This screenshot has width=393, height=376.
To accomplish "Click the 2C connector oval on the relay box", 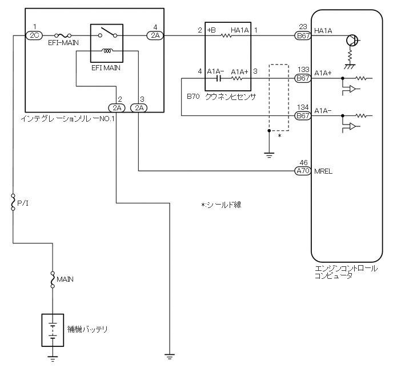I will (34, 35).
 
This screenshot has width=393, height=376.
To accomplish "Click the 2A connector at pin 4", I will (155, 35).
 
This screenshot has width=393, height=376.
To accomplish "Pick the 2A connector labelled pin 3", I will (138, 107).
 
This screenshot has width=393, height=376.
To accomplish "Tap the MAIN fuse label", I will (65, 279).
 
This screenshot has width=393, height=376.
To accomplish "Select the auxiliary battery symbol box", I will (53, 330).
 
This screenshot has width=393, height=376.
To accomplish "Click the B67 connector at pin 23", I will (302, 35).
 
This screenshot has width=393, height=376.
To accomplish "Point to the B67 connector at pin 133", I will (302, 78).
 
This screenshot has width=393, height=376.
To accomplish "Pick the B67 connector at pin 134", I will (302, 115).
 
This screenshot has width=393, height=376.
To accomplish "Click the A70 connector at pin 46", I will (302, 170).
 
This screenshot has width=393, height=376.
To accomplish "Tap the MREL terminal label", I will (323, 170).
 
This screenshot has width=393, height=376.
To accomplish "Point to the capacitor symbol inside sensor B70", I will (218, 78).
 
